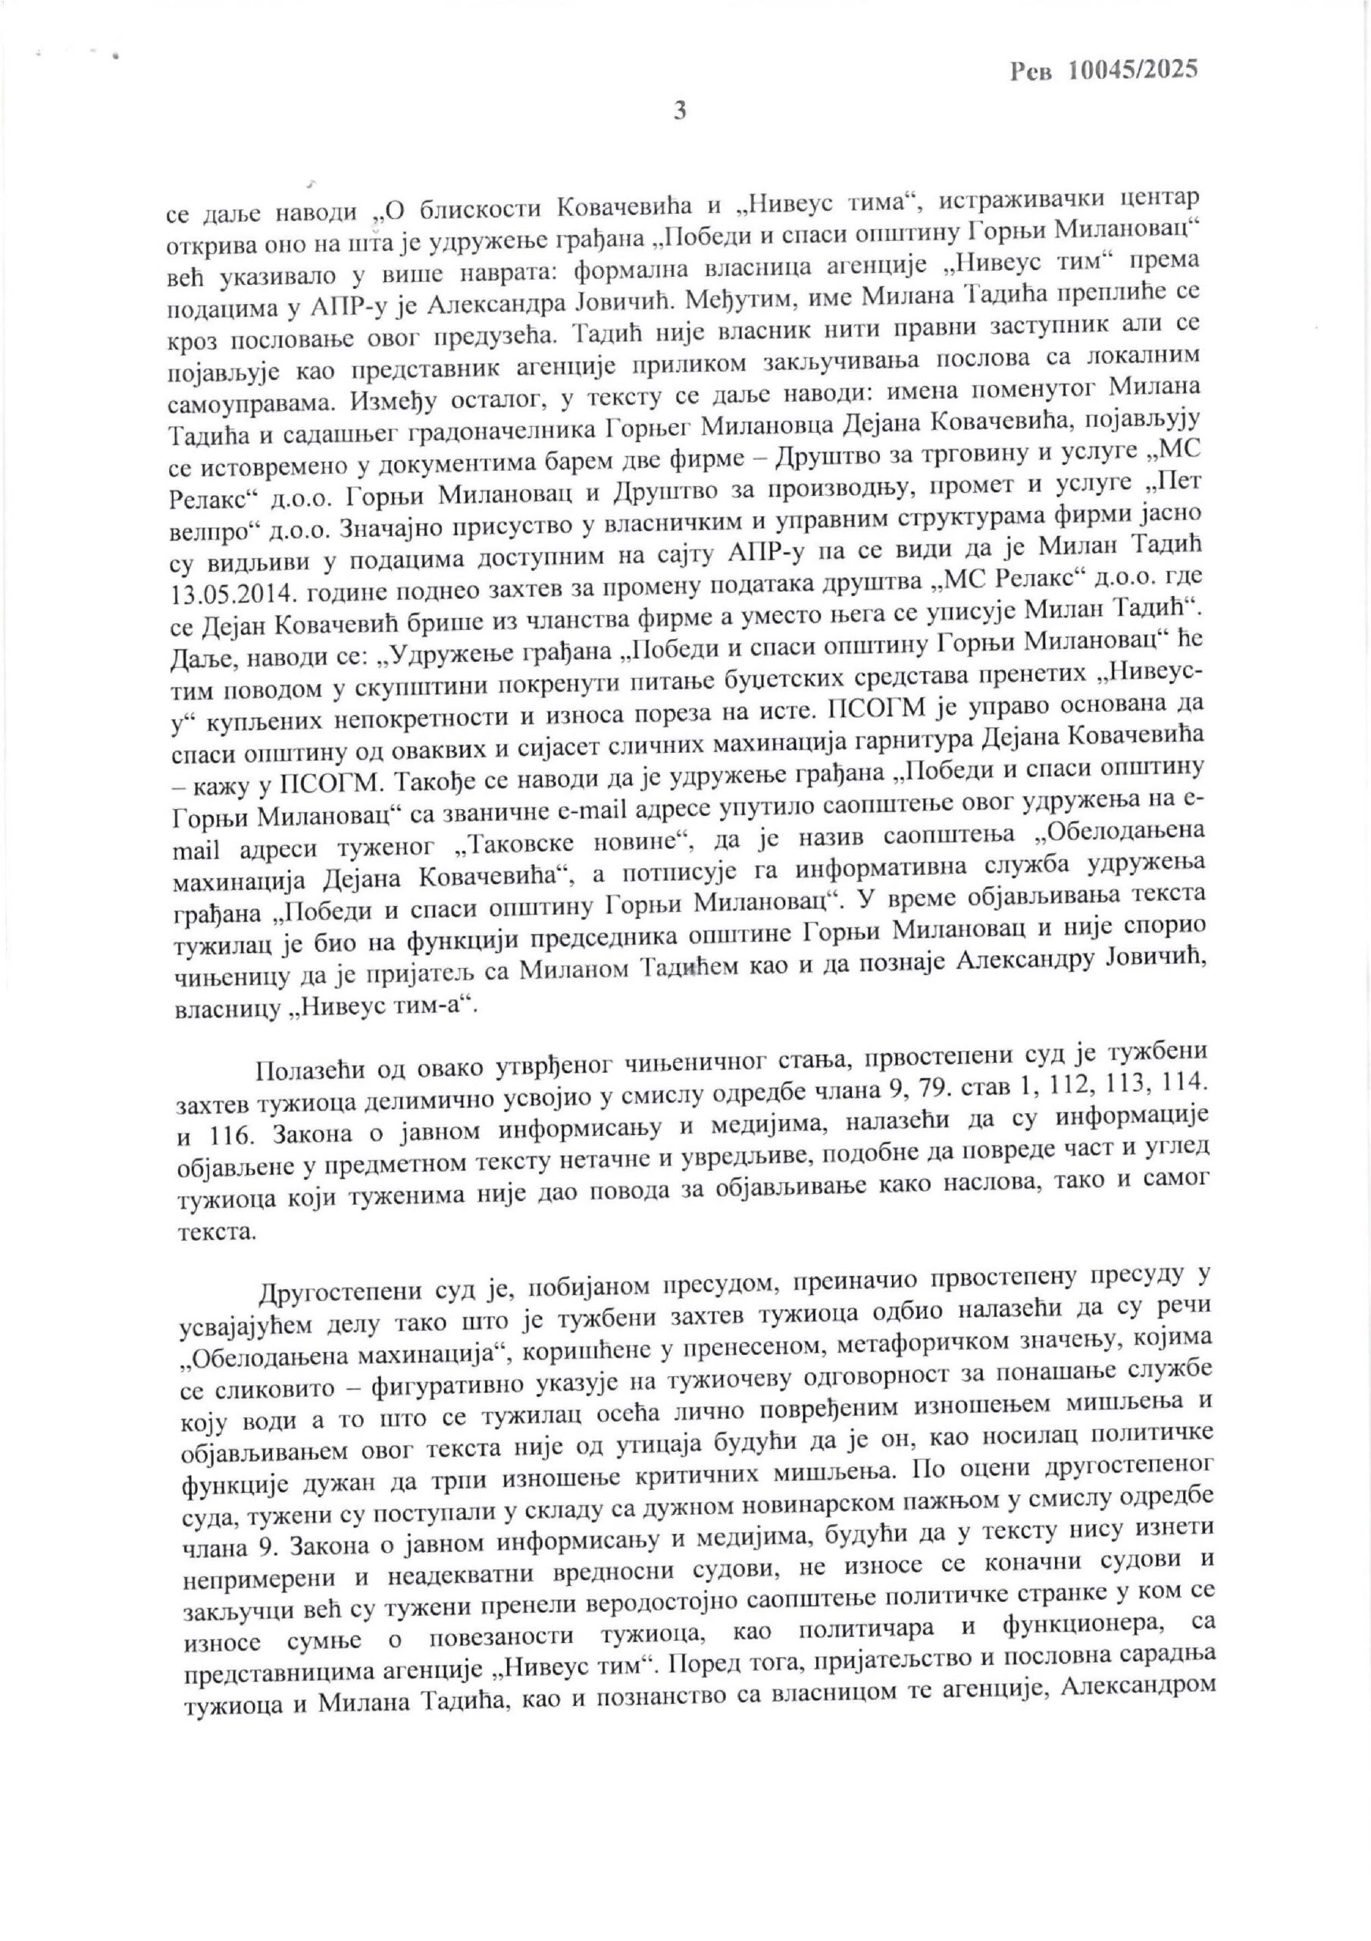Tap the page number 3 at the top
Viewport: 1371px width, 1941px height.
680,111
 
